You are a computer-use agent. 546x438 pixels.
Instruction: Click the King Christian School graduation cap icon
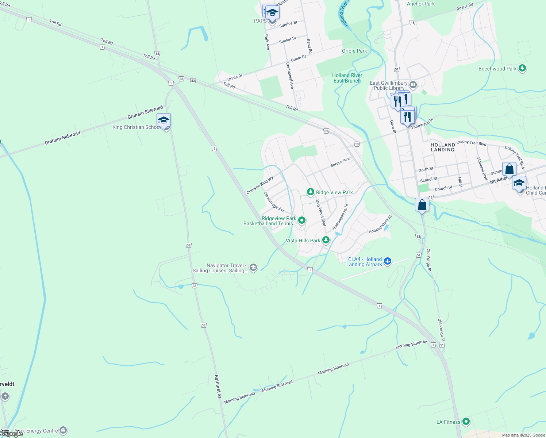[x=164, y=120]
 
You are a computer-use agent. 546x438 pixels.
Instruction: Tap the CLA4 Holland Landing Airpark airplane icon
[x=387, y=261]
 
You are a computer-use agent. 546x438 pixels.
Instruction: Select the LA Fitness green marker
[x=466, y=422]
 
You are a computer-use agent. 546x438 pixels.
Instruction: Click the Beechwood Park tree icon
[x=522, y=68]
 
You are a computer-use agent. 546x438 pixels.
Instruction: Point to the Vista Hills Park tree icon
[x=326, y=240]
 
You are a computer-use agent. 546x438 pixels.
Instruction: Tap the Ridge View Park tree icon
[x=310, y=192]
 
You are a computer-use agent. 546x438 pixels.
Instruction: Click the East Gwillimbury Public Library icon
[x=413, y=85]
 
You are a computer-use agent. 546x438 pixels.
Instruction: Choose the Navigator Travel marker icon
[x=253, y=268]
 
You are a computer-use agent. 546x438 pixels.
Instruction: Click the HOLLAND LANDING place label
[x=442, y=147]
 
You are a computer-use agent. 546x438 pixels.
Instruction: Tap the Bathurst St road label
[x=218, y=386]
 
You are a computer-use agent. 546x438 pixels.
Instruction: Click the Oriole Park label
[x=354, y=51]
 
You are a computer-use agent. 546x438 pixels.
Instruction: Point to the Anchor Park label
[x=421, y=4]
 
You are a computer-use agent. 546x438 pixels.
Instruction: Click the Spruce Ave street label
[x=340, y=162]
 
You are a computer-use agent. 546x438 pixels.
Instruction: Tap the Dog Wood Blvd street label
[x=320, y=213]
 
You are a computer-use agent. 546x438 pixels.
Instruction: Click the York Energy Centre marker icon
[x=63, y=430]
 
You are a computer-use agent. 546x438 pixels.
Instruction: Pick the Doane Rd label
[x=465, y=7]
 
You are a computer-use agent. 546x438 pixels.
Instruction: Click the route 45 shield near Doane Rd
[x=412, y=23]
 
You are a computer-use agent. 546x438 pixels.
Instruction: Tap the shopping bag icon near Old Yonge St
[x=422, y=205]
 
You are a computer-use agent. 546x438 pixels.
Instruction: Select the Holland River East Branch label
[x=347, y=78]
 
